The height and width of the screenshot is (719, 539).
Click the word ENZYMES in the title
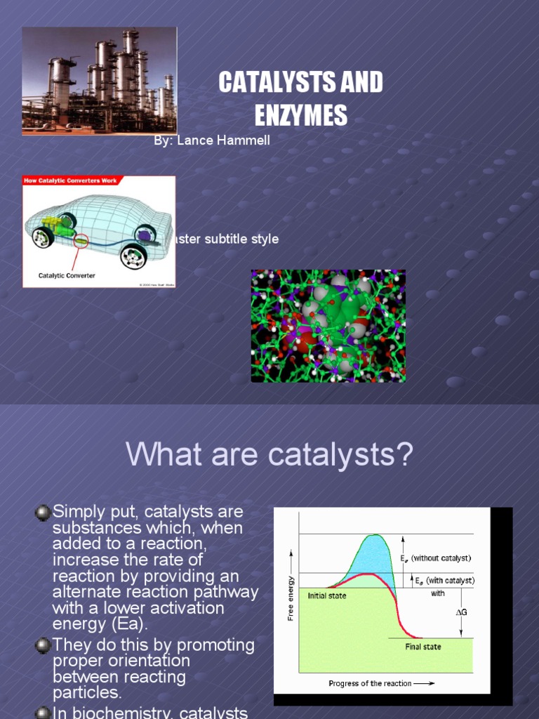pos(301,115)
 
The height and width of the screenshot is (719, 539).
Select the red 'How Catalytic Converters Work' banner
pos(70,180)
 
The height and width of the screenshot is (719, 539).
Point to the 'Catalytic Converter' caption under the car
pos(67,276)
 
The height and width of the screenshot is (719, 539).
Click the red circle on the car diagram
pos(83,242)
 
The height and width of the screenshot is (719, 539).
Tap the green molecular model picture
pos(328,326)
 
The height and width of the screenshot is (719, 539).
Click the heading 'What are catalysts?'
pos(269,455)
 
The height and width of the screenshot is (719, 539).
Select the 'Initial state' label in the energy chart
pos(327,595)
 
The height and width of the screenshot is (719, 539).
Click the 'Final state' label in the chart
pos(422,647)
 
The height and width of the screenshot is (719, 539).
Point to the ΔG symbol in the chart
pos(461,612)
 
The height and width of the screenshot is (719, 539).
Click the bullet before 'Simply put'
pos(44,513)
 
